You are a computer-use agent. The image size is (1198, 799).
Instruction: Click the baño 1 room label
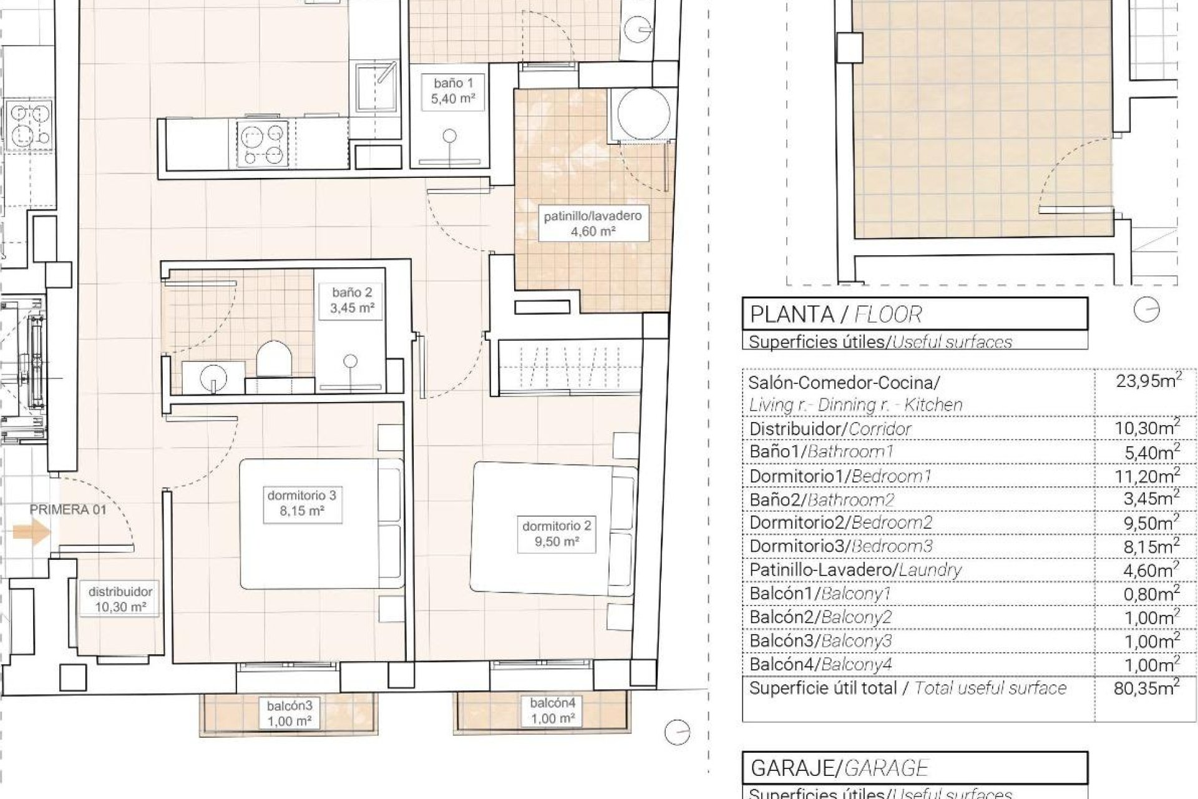pyautogui.click(x=454, y=91)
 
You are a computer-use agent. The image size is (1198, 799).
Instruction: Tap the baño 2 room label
pyautogui.click(x=352, y=300)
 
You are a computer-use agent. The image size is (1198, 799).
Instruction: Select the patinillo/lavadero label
pyautogui.click(x=592, y=223)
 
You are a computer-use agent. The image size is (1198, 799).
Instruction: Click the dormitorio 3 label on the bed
pyautogui.click(x=302, y=503)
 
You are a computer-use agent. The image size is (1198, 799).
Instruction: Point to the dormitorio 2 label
pyautogui.click(x=557, y=534)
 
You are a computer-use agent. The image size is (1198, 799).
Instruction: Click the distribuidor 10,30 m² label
pyautogui.click(x=120, y=599)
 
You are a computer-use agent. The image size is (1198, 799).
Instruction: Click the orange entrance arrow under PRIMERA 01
pyautogui.click(x=32, y=532)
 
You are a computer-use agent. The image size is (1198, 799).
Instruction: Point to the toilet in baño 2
pyautogui.click(x=274, y=359)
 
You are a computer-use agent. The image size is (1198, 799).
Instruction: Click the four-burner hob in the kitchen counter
pyautogui.click(x=263, y=144)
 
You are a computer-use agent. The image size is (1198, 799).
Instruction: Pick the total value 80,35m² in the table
pyautogui.click(x=1146, y=688)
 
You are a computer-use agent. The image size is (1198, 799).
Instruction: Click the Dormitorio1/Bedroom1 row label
pyautogui.click(x=840, y=476)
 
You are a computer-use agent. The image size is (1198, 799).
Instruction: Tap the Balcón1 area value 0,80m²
pyautogui.click(x=1151, y=594)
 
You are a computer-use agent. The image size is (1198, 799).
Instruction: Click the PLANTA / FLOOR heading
pyautogui.click(x=835, y=314)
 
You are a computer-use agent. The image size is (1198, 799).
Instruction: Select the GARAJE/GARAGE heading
pyautogui.click(x=839, y=768)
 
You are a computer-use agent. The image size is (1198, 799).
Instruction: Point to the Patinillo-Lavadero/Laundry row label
pyautogui.click(x=855, y=570)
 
